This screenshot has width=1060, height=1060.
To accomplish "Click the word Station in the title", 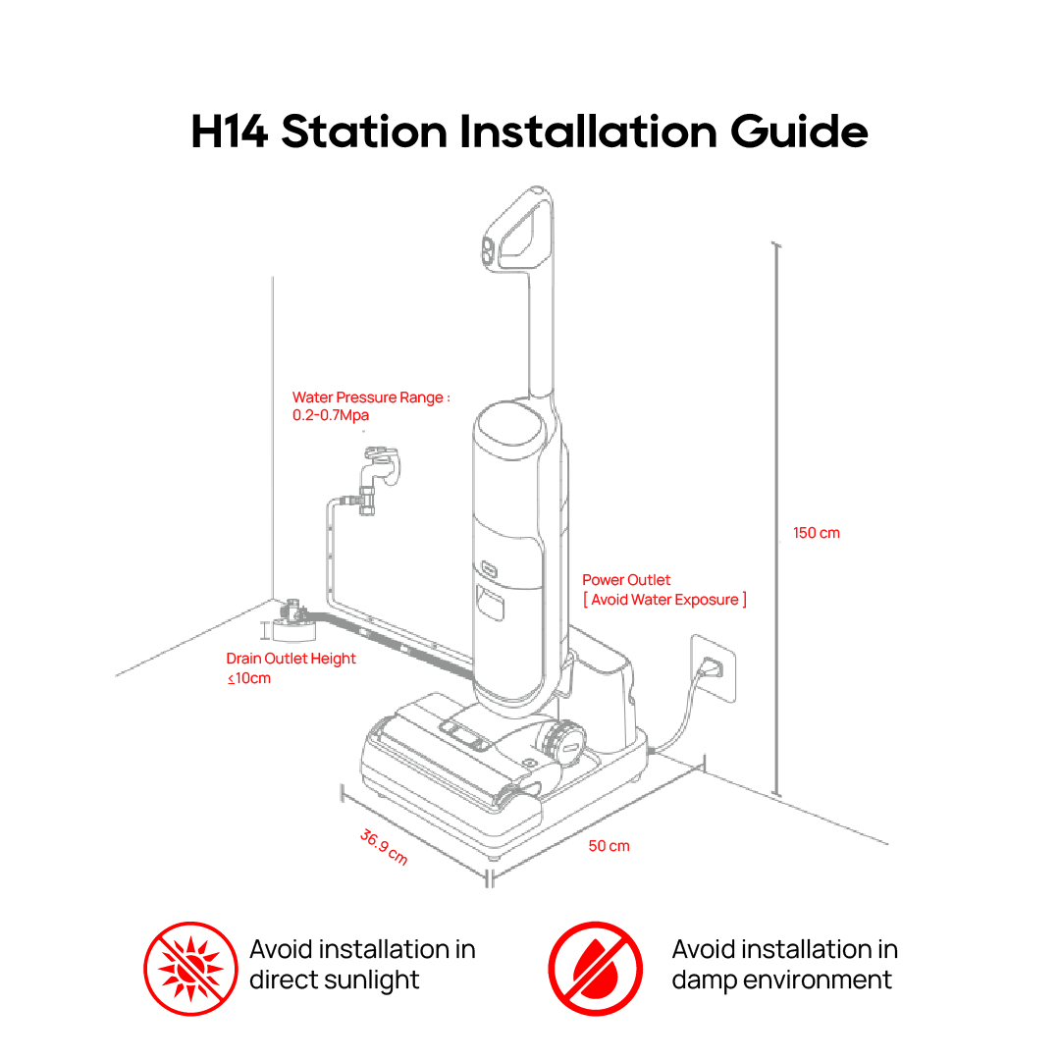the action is click(x=364, y=132).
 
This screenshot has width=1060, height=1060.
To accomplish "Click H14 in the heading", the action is click(x=229, y=132).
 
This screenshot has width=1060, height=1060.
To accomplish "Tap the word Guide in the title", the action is click(x=799, y=132).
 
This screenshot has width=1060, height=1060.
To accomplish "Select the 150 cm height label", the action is click(x=816, y=533).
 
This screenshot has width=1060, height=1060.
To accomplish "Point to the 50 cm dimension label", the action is click(x=609, y=846).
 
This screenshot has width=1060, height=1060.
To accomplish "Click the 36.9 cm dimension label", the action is click(x=384, y=847).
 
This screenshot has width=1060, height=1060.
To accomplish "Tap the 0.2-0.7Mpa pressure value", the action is click(x=331, y=415).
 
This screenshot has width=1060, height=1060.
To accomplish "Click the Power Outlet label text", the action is click(x=626, y=580).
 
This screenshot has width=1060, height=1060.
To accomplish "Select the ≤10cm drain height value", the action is click(x=248, y=678).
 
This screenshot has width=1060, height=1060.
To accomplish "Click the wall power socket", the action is click(x=714, y=668).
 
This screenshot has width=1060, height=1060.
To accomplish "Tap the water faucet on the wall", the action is click(x=379, y=473).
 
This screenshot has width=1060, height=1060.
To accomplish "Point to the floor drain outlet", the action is click(x=293, y=622).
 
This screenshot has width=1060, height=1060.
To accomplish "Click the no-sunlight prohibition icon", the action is click(x=190, y=968).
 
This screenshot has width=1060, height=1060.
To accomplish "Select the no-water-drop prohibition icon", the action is click(x=596, y=968).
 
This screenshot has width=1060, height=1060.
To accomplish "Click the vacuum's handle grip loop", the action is click(x=518, y=229).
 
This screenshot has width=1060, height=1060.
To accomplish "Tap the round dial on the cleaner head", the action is click(x=563, y=741).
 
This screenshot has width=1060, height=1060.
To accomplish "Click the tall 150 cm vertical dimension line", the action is click(x=776, y=519).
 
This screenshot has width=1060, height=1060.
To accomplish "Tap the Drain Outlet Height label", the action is click(x=291, y=659).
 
